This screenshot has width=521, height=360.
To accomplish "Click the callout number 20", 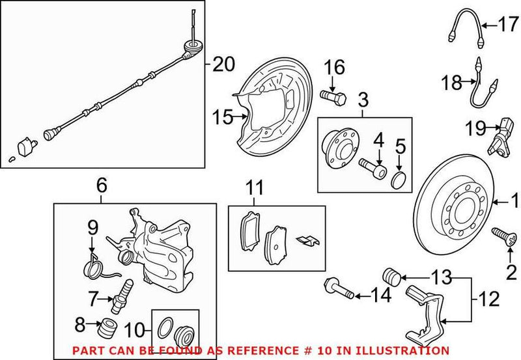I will pos(222,64).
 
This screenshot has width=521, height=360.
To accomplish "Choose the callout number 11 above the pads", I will pos(255,189).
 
